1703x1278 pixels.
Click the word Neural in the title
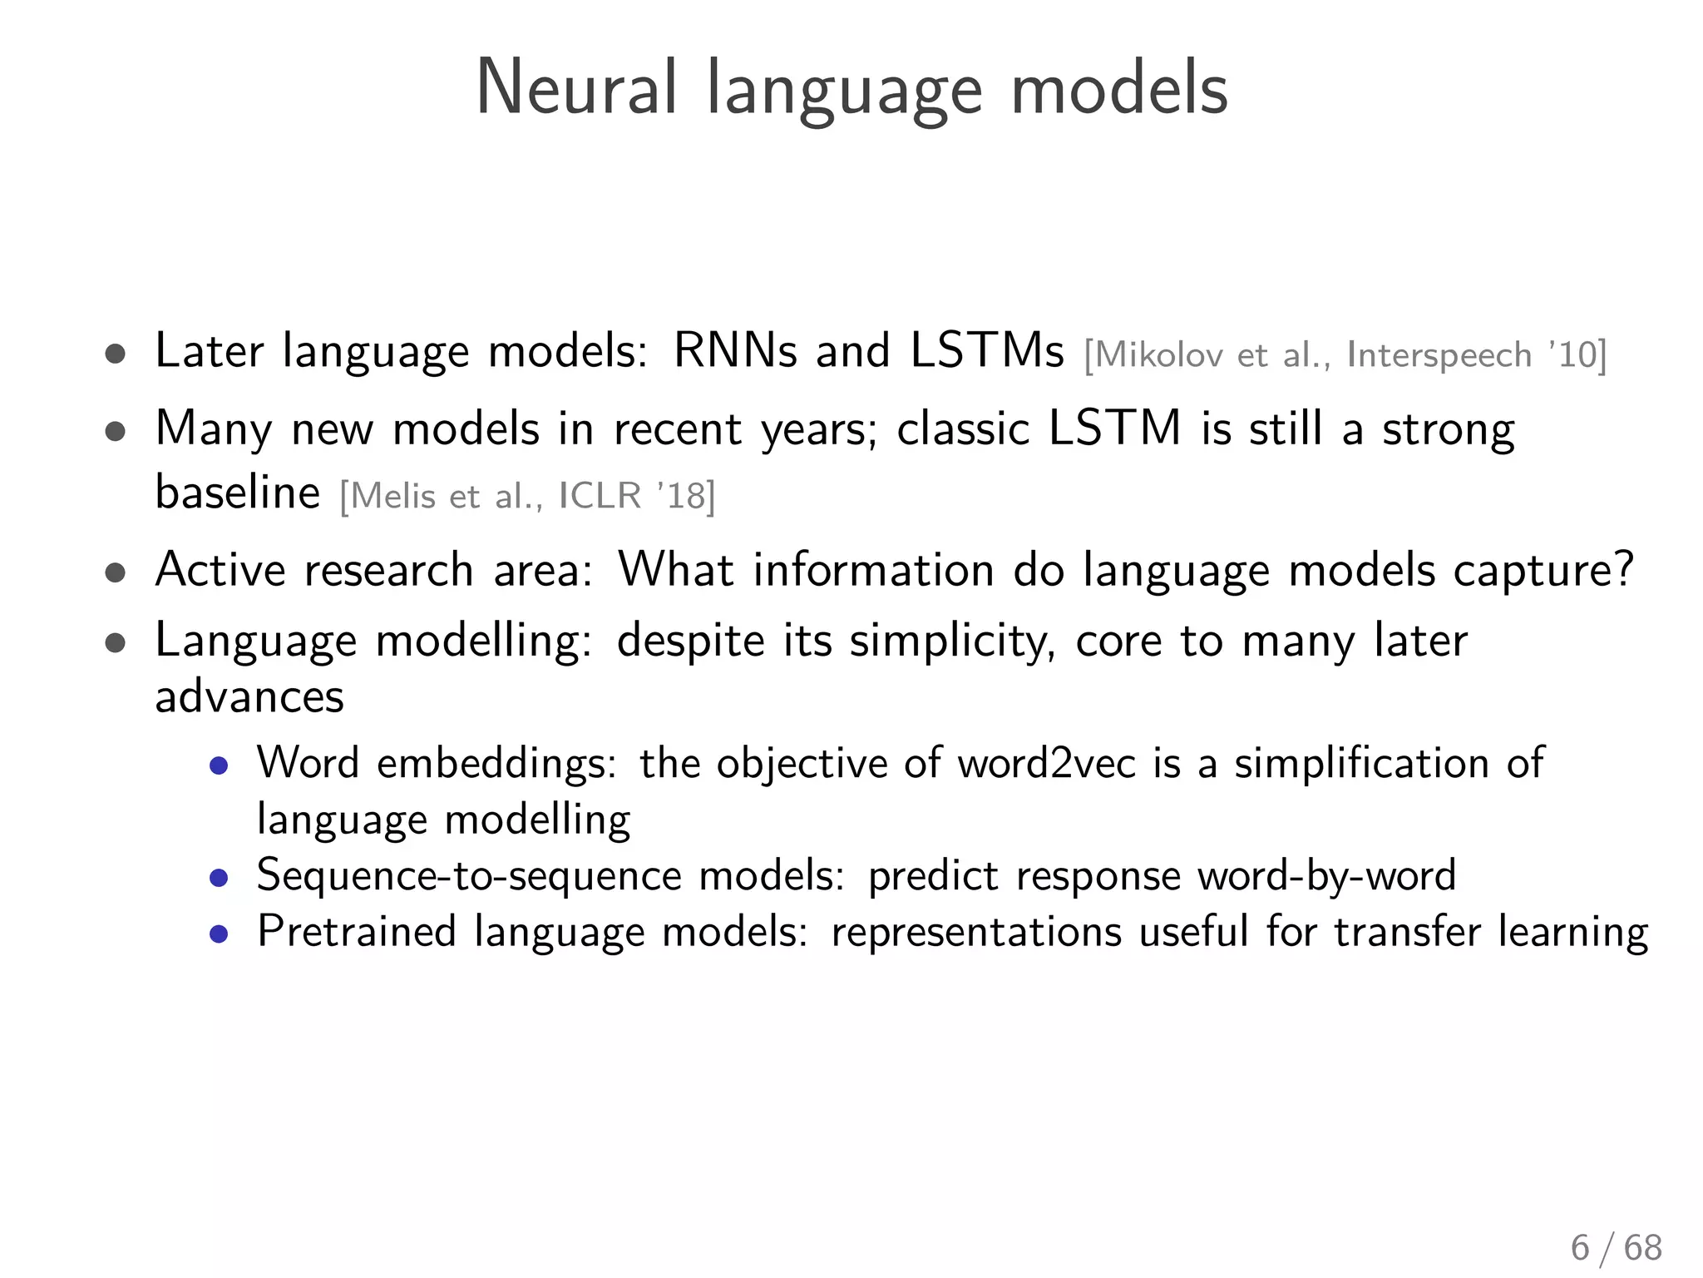coord(576,89)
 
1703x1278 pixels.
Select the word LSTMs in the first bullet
coord(987,350)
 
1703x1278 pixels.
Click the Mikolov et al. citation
coord(1345,355)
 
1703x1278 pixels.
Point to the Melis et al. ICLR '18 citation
coord(527,497)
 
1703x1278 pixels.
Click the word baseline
coord(238,492)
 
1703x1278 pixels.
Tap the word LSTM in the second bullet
coord(1114,428)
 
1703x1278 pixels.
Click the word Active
coord(220,570)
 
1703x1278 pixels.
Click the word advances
coord(249,696)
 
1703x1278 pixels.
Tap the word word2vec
coord(1046,763)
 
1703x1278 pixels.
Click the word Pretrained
coord(357,931)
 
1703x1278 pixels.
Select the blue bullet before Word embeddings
coord(219,765)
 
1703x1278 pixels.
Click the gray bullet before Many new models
coord(116,432)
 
